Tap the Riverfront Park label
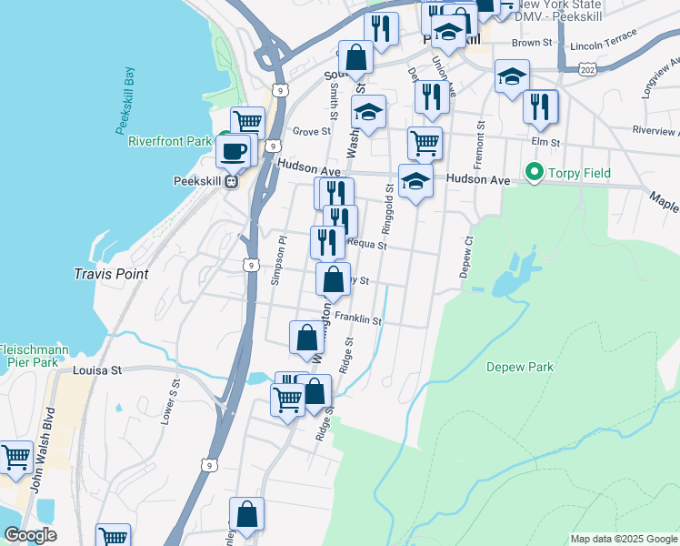pyautogui.click(x=169, y=141)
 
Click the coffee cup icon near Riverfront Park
pyautogui.click(x=234, y=151)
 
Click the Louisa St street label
pyautogui.click(x=97, y=371)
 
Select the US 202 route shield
pyautogui.click(x=586, y=69)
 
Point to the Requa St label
pyautogui.click(x=369, y=246)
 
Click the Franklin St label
pyautogui.click(x=357, y=319)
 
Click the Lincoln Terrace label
pyautogui.click(x=604, y=45)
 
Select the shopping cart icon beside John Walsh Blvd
pyautogui.click(x=16, y=459)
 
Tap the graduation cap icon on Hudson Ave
pyautogui.click(x=415, y=181)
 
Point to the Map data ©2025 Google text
pyautogui.click(x=624, y=539)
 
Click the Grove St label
pyautogui.click(x=311, y=132)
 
